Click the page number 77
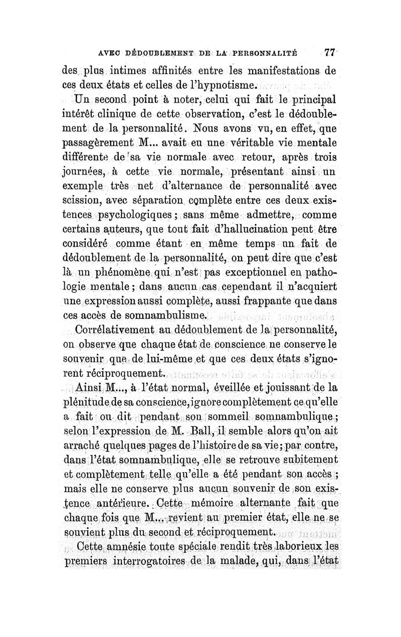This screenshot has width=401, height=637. pyautogui.click(x=329, y=52)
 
